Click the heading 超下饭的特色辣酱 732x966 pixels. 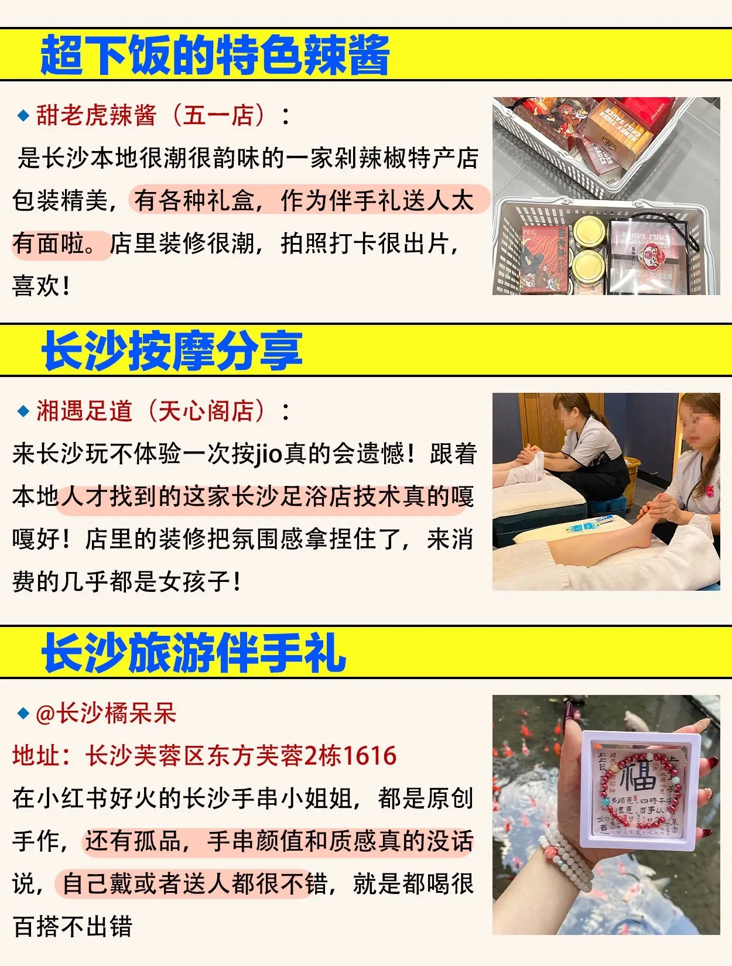click(x=214, y=55)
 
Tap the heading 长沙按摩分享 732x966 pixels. click(x=172, y=351)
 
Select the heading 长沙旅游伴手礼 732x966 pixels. click(x=194, y=653)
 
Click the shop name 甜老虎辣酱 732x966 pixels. click(x=97, y=115)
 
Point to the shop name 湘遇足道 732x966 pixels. click(x=85, y=411)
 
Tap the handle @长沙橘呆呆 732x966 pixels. click(x=106, y=713)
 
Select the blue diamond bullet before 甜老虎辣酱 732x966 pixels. click(x=23, y=115)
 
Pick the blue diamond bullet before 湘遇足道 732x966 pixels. click(x=23, y=412)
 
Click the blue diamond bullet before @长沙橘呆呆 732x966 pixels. click(x=23, y=713)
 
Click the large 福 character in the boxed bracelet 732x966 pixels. click(x=638, y=776)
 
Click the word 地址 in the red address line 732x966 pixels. click(x=36, y=756)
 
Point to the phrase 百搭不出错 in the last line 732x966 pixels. click(x=73, y=927)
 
